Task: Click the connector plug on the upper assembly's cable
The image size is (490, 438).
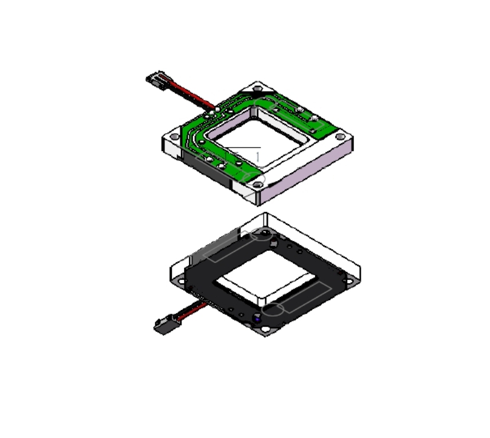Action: point(155,80)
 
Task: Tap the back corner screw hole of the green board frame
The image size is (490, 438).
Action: point(257,89)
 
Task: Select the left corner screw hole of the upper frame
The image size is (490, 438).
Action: point(175,136)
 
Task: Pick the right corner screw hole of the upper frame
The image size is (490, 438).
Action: point(340,136)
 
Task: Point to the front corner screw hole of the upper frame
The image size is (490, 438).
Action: point(258,185)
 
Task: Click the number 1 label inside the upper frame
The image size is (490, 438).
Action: point(258,157)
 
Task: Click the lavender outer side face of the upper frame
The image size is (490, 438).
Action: point(306,174)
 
